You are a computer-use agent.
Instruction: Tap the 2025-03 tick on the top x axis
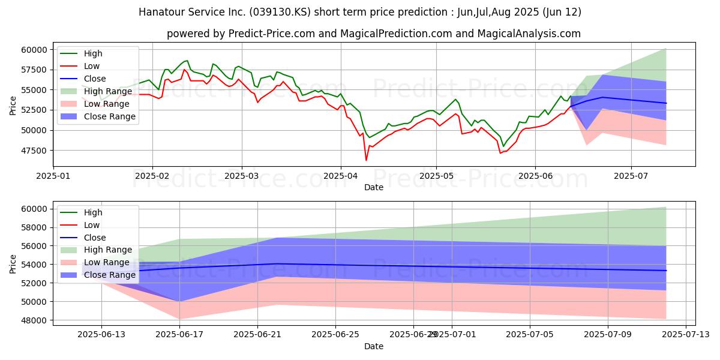[x=242, y=176]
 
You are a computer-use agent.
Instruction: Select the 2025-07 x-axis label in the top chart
[x=631, y=176]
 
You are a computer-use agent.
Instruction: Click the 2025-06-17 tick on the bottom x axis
[x=179, y=335]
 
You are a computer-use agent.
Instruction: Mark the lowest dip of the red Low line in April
[x=366, y=160]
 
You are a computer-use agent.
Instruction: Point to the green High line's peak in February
[x=187, y=61]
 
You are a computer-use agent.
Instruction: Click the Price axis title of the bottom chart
[x=13, y=263]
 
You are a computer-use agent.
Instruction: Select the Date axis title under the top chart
[x=374, y=187]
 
